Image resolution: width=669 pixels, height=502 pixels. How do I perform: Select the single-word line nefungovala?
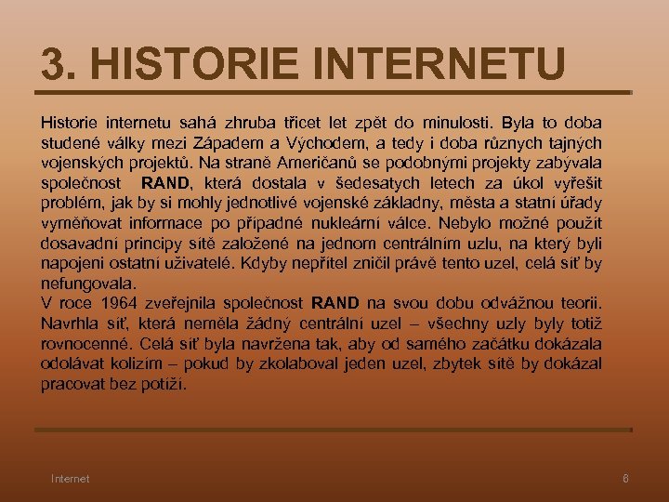pyautogui.click(x=87, y=283)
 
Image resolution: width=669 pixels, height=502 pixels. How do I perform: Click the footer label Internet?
pyautogui.click(x=71, y=479)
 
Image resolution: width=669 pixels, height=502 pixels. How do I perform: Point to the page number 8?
pyautogui.click(x=625, y=479)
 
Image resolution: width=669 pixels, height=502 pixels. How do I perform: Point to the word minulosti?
pyautogui.click(x=453, y=122)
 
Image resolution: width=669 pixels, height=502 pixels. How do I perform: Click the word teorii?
pyautogui.click(x=577, y=303)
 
